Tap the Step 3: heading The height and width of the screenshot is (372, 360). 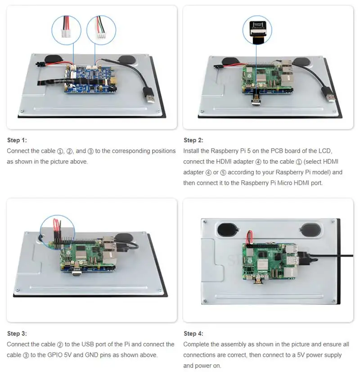coord(17,334)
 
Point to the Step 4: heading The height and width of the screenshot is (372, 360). coord(193,334)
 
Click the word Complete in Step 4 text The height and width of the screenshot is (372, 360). coord(197,345)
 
